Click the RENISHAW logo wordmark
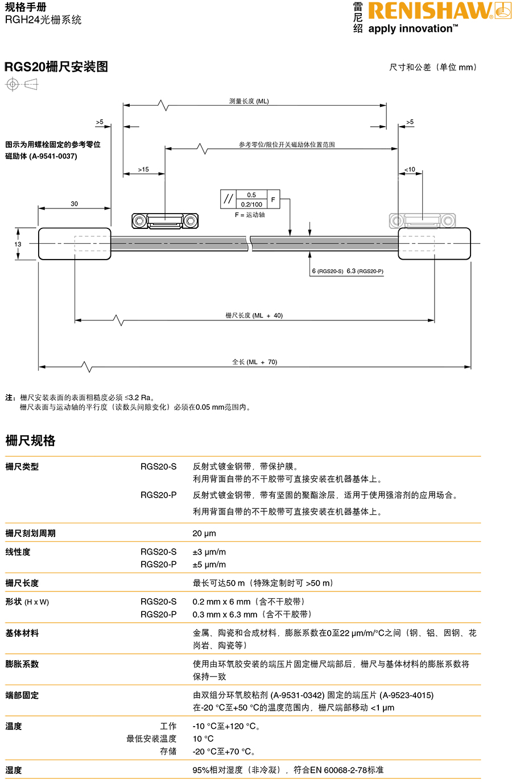point(430,11)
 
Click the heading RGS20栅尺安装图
point(56,67)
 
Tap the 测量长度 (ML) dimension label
point(249,101)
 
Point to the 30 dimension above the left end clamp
point(75,203)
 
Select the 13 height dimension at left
point(18,244)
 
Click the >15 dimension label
point(143,169)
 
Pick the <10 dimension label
point(410,169)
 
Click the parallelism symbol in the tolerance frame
point(228,199)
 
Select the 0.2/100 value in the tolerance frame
point(251,204)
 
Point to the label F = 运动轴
point(250,215)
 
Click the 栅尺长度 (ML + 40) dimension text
point(254,315)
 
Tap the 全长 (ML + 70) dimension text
point(254,362)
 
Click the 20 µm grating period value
point(204,533)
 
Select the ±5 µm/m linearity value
point(209,565)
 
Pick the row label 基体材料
point(22,633)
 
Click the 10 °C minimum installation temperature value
point(203,739)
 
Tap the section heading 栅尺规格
point(30,441)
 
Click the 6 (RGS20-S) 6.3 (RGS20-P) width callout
point(347,271)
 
